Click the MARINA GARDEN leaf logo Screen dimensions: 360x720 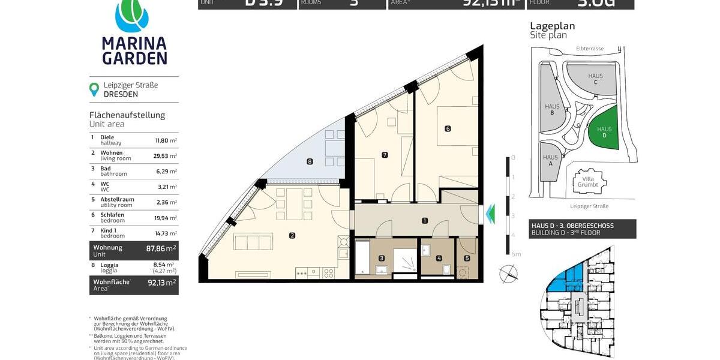coord(134,15)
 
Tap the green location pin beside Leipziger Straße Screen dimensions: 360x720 coord(94,89)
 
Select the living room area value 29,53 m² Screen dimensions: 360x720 coord(165,156)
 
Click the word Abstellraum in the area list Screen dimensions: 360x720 coord(117,199)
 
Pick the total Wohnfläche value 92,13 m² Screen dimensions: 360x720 coord(162,283)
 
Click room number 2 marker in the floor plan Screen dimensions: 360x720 coord(292,236)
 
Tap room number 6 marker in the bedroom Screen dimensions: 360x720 coord(448,128)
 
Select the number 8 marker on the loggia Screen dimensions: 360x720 coord(310,161)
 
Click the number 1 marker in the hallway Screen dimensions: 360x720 coord(425,221)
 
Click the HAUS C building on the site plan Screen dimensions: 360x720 coord(594,79)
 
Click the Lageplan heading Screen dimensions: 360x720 coord(552,26)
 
